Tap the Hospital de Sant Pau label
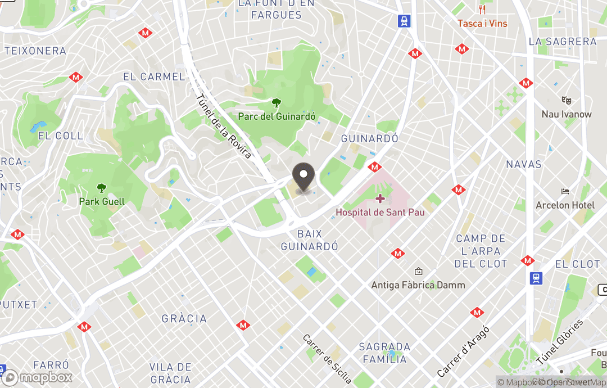point(380,212)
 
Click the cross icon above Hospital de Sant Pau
point(380,198)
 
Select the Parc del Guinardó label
point(277,116)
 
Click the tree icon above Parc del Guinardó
point(277,103)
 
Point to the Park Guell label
point(102,201)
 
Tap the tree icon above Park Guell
point(102,188)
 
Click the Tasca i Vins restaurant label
point(482,24)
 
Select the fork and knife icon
point(482,10)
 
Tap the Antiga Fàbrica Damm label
point(418,285)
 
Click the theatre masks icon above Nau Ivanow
point(567,101)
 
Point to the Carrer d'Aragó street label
point(463,351)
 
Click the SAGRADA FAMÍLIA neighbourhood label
point(385,353)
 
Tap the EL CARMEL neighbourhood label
point(153,77)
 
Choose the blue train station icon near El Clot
point(536,278)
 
